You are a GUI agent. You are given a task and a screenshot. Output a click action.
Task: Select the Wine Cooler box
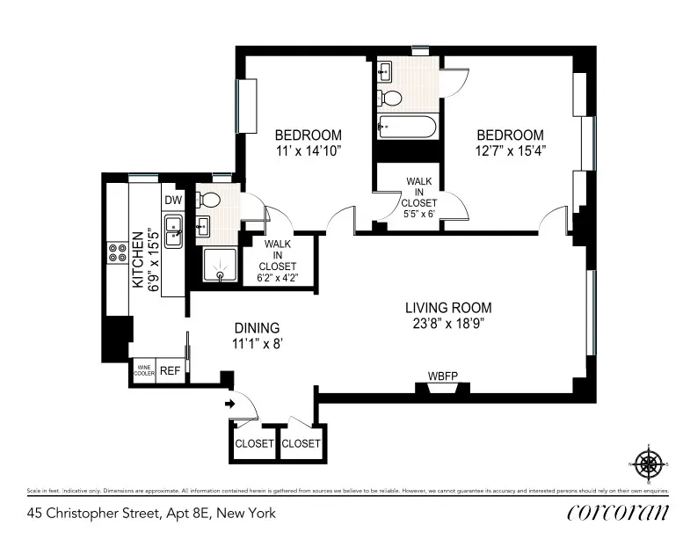pyautogui.click(x=143, y=371)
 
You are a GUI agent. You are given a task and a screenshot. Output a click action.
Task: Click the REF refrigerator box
pyautogui.click(x=170, y=371)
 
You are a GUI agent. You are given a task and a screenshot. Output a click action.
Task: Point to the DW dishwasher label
pyautogui.click(x=172, y=200)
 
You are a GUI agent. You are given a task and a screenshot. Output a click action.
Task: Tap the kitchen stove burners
pyautogui.click(x=117, y=253)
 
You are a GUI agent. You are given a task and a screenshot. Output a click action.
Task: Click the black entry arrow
pyautogui.click(x=230, y=405)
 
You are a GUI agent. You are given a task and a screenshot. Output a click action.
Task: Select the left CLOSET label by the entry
pyautogui.click(x=254, y=443)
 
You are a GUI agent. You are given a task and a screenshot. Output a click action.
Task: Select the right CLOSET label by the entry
pyautogui.click(x=301, y=443)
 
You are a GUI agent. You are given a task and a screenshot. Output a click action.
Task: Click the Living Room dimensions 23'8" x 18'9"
pyautogui.click(x=448, y=323)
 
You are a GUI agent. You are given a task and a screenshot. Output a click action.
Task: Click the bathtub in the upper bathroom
pyautogui.click(x=406, y=128)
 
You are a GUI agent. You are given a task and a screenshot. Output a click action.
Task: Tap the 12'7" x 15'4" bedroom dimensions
pyautogui.click(x=510, y=150)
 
